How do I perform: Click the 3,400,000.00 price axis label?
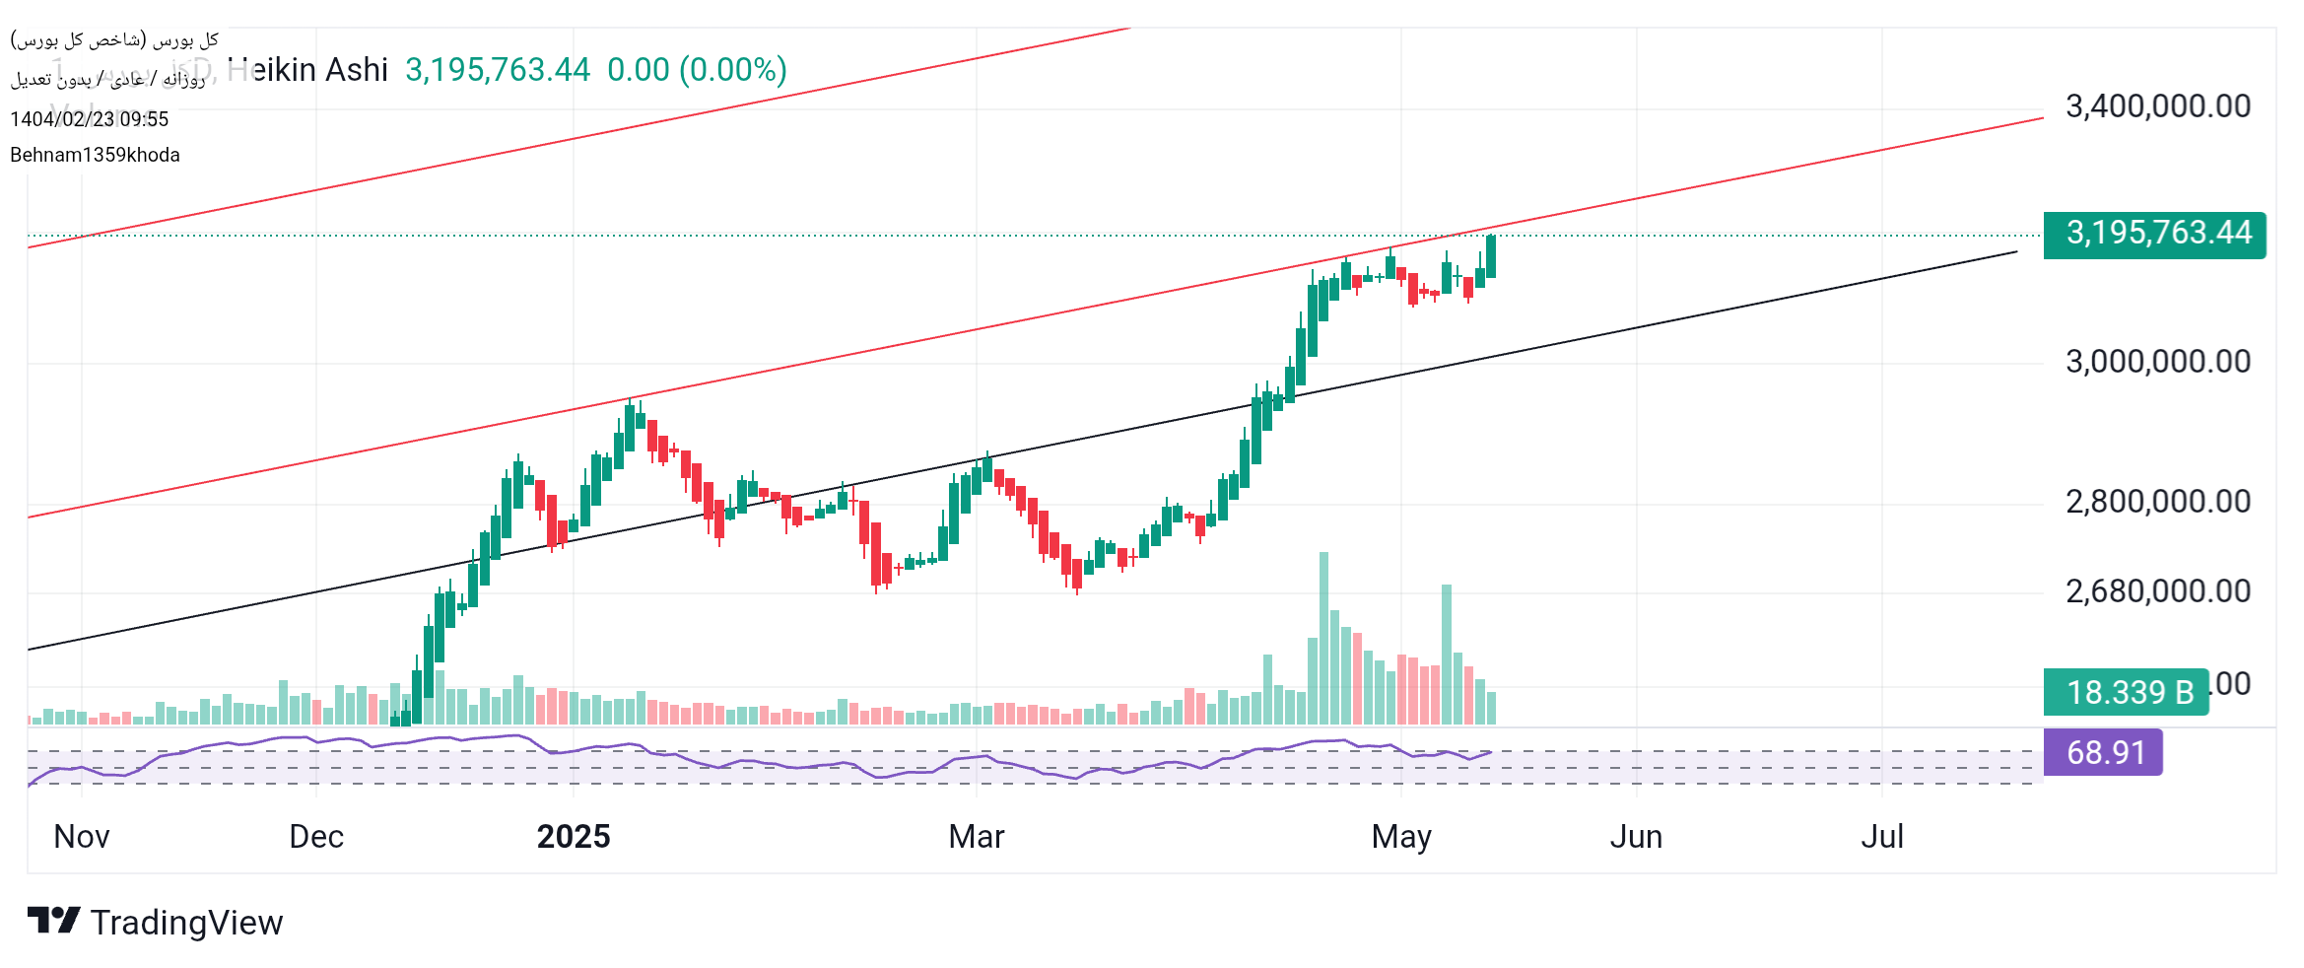click(2157, 106)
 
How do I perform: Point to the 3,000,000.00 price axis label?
click(2157, 362)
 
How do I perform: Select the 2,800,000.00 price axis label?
click(2157, 502)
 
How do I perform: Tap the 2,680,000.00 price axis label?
click(2157, 591)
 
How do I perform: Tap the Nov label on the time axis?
click(82, 837)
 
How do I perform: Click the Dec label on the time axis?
click(316, 837)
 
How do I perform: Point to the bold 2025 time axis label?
click(574, 837)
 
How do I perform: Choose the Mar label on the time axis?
click(976, 837)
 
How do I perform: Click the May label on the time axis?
click(1401, 837)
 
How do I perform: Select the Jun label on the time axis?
click(1636, 837)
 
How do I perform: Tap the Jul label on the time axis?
click(1881, 837)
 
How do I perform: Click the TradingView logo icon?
click(53, 921)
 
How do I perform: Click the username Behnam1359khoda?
click(95, 155)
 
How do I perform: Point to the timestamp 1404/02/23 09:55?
click(90, 119)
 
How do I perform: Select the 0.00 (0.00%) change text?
click(697, 70)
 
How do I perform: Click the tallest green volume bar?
click(1323, 639)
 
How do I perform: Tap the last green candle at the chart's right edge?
click(1491, 256)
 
